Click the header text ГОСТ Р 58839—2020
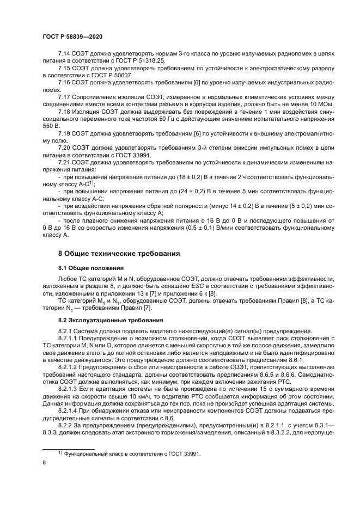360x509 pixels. (x=72, y=35)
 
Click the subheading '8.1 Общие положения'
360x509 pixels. (x=92, y=268)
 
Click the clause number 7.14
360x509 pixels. (x=65, y=53)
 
